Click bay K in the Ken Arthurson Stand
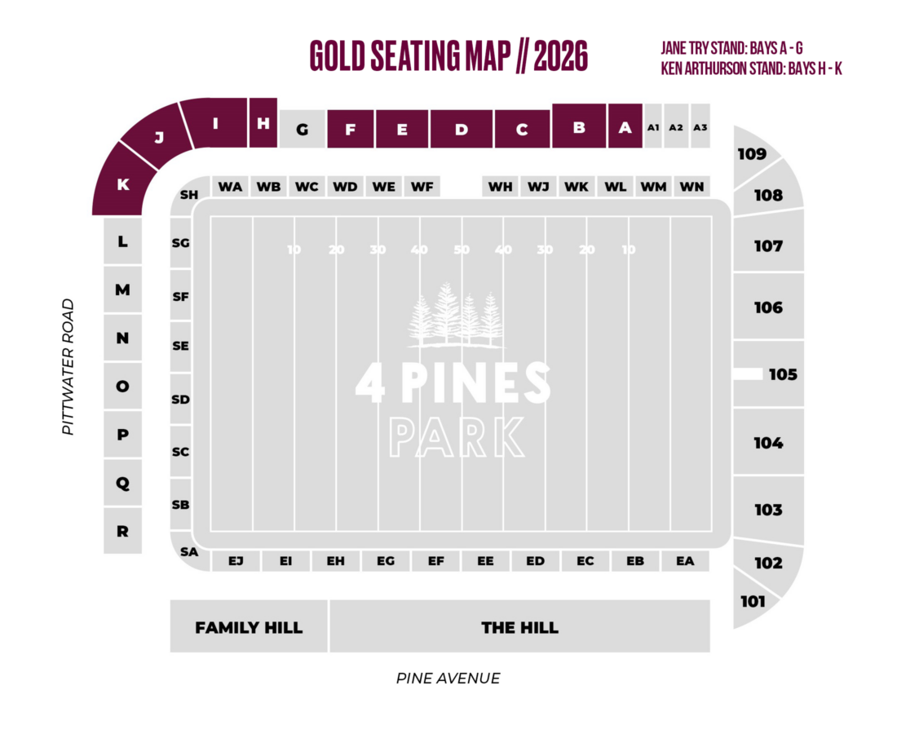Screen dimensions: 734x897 point(122,184)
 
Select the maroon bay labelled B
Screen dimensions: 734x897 point(579,127)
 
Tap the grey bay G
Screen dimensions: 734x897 point(303,130)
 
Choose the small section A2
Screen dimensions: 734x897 point(676,127)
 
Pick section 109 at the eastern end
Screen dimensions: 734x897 point(752,154)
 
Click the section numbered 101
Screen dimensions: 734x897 point(753,601)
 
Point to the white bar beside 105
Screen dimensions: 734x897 point(748,374)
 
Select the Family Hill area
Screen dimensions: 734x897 point(249,627)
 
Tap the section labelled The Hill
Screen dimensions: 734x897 point(519,627)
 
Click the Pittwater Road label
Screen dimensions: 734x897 point(68,366)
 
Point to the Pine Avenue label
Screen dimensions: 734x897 point(448,678)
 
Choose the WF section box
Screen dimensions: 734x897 point(422,187)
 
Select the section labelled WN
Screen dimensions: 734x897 point(692,187)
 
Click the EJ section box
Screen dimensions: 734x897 point(236,561)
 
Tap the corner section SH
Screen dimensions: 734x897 point(189,195)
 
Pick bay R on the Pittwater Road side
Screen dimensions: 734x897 point(122,531)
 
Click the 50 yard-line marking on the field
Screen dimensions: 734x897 point(462,250)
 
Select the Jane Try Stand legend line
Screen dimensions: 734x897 point(736,48)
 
